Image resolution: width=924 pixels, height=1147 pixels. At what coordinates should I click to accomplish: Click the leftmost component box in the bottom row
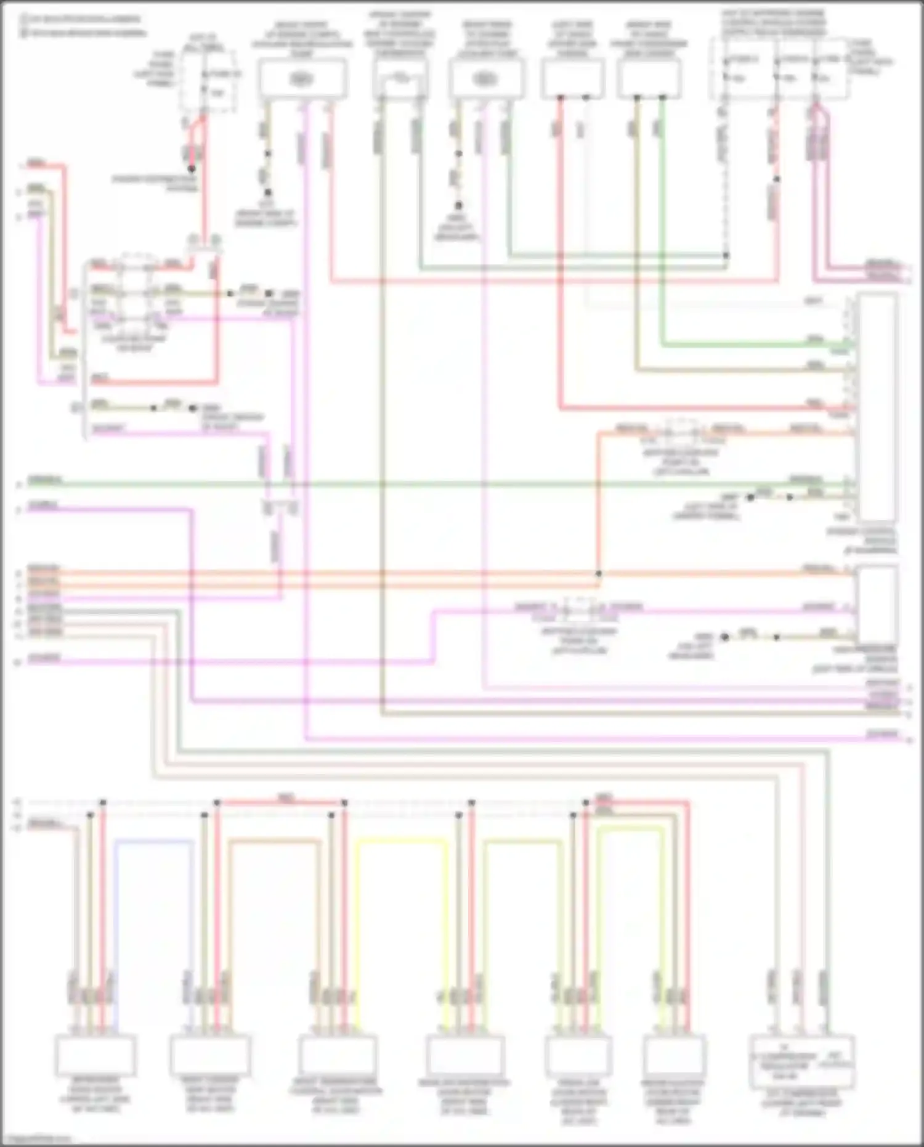click(95, 1055)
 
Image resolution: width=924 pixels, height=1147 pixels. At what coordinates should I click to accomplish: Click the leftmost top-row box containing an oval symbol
click(302, 79)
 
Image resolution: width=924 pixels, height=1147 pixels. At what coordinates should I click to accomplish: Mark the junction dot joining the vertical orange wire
click(598, 574)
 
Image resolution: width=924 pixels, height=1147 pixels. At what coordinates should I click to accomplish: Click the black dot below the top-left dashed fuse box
click(192, 168)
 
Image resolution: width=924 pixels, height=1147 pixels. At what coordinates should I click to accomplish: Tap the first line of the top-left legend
click(80, 19)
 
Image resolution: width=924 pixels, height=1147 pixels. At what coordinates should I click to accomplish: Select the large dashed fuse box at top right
click(779, 68)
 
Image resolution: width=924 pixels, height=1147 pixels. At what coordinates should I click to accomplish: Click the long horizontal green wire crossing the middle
click(431, 484)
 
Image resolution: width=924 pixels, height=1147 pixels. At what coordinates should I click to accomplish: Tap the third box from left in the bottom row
click(337, 1055)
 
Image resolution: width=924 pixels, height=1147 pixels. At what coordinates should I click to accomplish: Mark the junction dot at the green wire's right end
click(726, 255)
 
